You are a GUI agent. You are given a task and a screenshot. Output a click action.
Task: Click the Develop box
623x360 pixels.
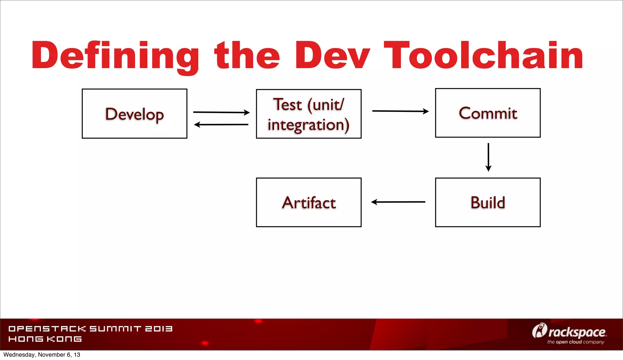pyautogui.click(x=134, y=114)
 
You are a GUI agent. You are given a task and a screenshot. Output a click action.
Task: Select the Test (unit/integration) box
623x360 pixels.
pyautogui.click(x=308, y=114)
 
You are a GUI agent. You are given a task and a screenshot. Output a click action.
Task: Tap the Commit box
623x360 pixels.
pyautogui.click(x=488, y=113)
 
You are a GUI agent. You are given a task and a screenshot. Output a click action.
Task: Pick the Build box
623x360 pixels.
pyautogui.click(x=488, y=202)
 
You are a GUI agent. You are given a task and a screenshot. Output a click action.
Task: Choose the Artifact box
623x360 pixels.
pyautogui.click(x=308, y=202)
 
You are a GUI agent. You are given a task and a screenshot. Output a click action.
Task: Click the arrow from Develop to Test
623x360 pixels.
pyautogui.click(x=221, y=112)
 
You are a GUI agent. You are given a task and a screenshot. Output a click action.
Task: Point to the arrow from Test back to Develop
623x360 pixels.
pyautogui.click(x=221, y=124)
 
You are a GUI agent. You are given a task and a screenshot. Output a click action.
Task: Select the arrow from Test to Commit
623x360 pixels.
pyautogui.click(x=400, y=111)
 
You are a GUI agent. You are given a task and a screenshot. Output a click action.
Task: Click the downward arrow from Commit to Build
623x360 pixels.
pyautogui.click(x=488, y=157)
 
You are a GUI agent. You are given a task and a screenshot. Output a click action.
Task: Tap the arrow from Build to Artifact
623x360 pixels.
pyautogui.click(x=398, y=202)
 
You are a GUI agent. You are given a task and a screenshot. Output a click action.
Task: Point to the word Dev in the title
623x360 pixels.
pyautogui.click(x=332, y=55)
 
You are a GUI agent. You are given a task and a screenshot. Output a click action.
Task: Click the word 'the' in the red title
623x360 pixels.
pyautogui.click(x=247, y=55)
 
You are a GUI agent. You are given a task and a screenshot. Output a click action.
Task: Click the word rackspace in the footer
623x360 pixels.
pyautogui.click(x=577, y=332)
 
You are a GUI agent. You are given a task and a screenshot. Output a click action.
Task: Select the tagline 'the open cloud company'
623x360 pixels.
pyautogui.click(x=576, y=342)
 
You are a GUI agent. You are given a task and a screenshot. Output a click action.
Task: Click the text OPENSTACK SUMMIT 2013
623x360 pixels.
pyautogui.click(x=90, y=329)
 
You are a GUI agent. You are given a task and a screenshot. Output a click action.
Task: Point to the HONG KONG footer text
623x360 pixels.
pyautogui.click(x=45, y=339)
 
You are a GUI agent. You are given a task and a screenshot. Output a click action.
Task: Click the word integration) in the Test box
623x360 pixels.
pyautogui.click(x=308, y=125)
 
